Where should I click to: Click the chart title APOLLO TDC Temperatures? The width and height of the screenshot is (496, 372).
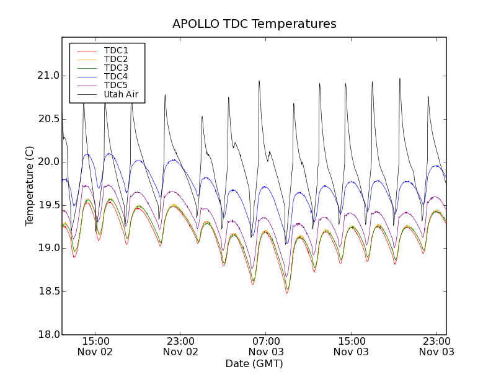254,24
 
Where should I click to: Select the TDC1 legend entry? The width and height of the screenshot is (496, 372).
116,50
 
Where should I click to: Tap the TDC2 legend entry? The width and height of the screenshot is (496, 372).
116,59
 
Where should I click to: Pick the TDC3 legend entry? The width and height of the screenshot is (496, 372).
116,68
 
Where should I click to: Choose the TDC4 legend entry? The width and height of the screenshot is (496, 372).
116,76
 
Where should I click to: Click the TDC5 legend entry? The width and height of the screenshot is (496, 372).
116,85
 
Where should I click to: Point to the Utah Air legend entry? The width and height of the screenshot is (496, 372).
121,94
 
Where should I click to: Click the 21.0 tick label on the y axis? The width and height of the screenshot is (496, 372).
48,76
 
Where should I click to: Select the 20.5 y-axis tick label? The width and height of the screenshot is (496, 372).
48,118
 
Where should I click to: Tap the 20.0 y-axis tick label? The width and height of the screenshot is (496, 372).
48,162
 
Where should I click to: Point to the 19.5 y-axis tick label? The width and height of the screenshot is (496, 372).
48,205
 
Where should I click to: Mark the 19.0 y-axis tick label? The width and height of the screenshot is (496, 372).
48,248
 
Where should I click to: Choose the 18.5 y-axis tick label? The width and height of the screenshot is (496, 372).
48,291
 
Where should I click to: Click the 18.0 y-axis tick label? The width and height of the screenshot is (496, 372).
48,335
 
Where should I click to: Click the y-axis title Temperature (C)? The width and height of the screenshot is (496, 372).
30,185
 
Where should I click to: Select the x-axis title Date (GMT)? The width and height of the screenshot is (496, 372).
254,363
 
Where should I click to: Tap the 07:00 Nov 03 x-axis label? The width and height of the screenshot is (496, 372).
265,346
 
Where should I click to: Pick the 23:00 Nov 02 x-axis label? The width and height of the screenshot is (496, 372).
180,346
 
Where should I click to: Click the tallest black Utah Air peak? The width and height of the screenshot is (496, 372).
400,79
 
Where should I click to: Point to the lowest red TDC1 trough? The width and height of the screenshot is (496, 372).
287,293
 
